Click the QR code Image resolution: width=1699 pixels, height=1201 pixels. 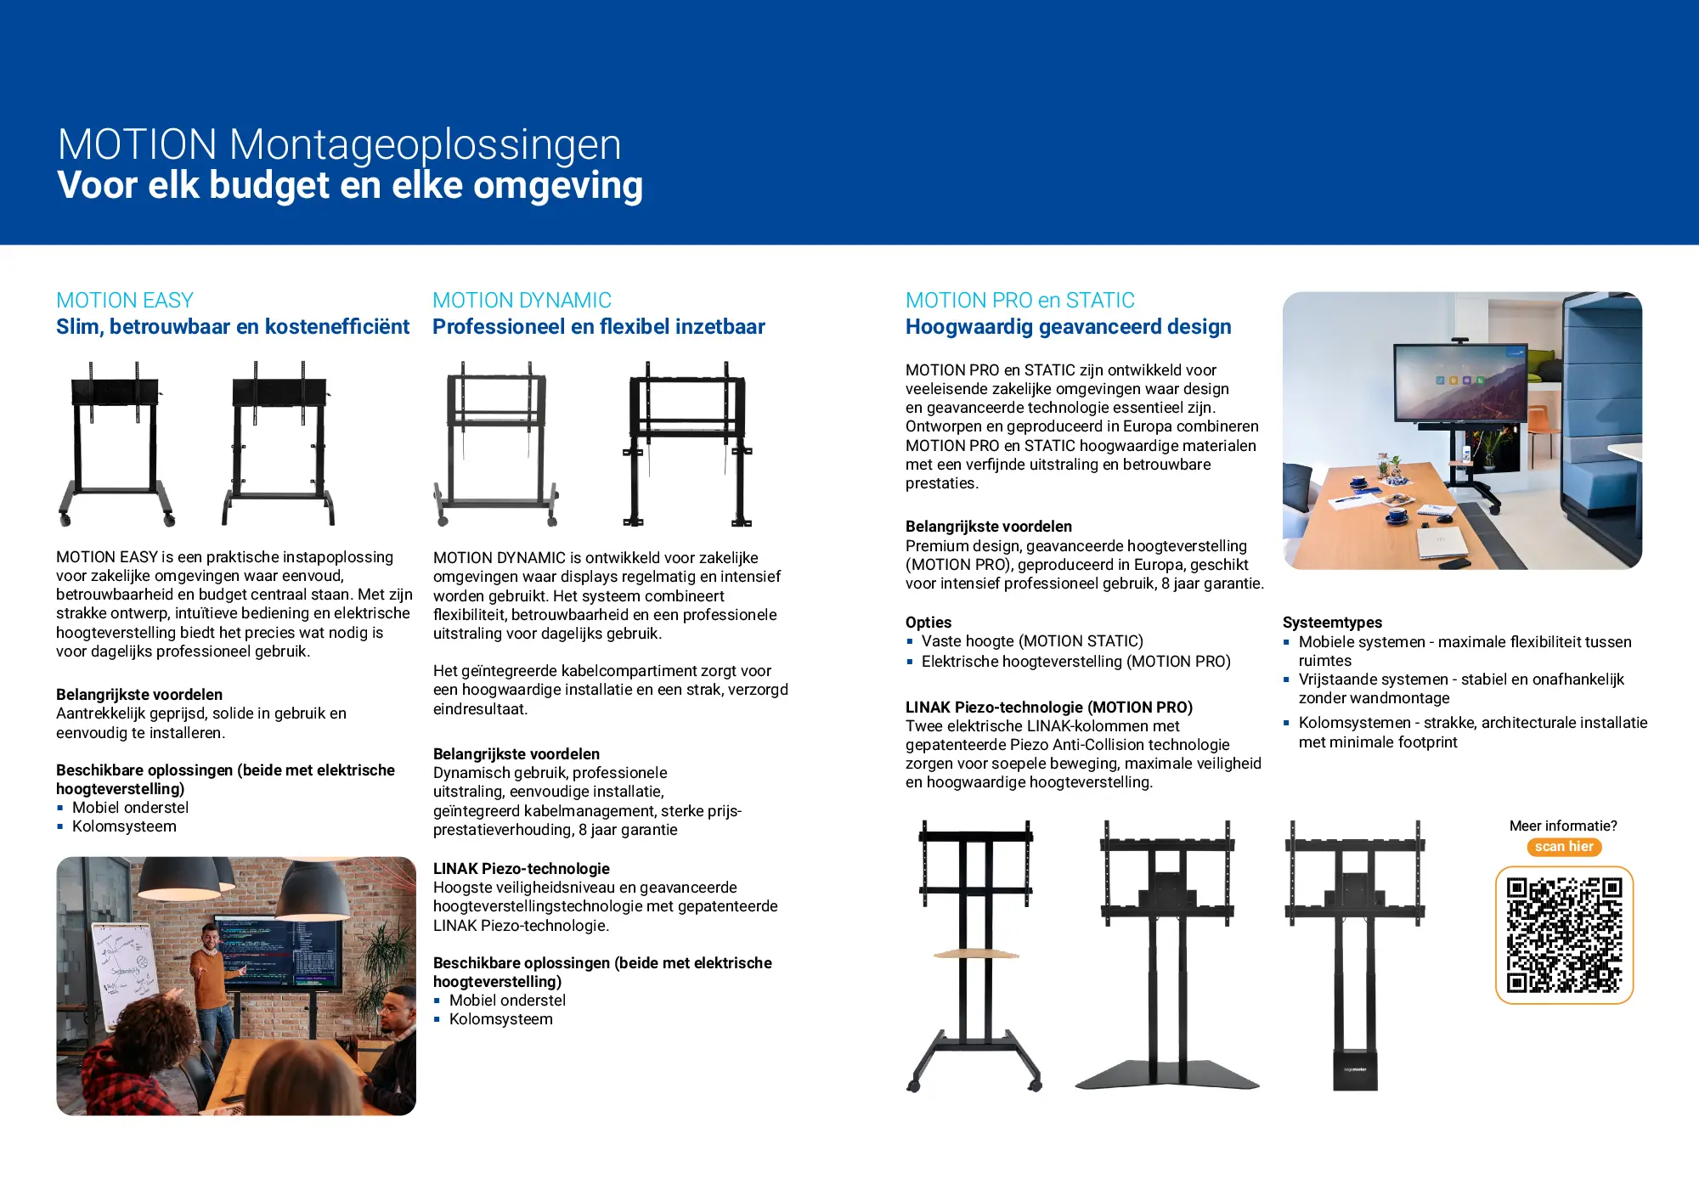coord(1564,934)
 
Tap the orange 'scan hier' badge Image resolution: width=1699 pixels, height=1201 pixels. coord(1564,847)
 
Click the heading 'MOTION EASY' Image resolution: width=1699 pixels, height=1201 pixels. coord(125,301)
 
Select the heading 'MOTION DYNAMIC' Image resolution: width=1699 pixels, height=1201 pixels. coord(522,301)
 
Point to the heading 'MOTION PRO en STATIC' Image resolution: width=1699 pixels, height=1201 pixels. coord(1019,301)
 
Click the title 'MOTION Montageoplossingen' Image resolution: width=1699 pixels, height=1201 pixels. coord(339,144)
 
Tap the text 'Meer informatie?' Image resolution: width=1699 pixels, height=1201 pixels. coord(1563,826)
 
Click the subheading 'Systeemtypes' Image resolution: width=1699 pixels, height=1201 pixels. coord(1332,623)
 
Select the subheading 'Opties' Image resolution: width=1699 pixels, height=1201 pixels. coord(929,623)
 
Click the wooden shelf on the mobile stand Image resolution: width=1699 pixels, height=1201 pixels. coord(976,953)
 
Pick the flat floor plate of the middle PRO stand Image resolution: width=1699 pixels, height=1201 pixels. coord(1167,1074)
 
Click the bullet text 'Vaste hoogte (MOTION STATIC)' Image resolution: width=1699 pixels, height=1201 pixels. coord(1032,641)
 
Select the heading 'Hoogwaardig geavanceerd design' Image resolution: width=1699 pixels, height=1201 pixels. coord(1068,327)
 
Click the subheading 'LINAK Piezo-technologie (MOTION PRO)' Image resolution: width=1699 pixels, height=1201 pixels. coord(1049,708)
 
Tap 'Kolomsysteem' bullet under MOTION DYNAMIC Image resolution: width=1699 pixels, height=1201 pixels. coord(500,1019)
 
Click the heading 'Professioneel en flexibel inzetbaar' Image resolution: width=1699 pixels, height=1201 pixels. coord(598,327)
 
